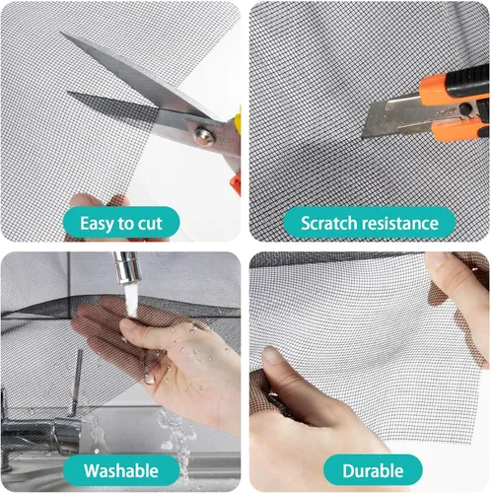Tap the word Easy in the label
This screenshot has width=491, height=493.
(97, 224)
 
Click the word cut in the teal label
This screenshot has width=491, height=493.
(150, 224)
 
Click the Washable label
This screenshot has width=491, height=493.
(121, 470)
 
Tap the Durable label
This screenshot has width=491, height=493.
(373, 470)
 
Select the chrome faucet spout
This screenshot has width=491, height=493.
(126, 267)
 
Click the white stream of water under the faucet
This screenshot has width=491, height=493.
(131, 300)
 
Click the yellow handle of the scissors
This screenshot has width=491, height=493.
(238, 120)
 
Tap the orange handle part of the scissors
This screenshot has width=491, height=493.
(237, 185)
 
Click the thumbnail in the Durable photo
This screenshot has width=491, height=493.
(271, 355)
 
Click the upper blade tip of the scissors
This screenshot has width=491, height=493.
(61, 33)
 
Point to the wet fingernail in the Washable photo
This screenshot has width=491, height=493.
(149, 378)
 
